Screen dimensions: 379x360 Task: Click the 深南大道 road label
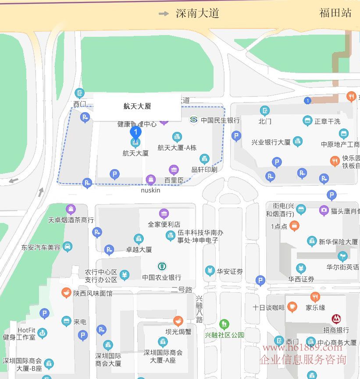click(197, 13)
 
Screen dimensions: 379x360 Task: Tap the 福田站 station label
click(335, 13)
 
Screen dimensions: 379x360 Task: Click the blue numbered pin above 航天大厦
click(136, 132)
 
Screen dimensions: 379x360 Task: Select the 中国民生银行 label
click(220, 120)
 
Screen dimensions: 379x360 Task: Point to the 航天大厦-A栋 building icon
click(177, 138)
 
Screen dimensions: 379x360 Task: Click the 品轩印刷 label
click(204, 169)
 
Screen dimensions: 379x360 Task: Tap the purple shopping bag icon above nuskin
click(151, 180)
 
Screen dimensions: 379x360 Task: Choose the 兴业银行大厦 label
click(271, 142)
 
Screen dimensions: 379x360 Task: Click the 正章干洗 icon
click(308, 121)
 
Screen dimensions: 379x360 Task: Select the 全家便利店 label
click(164, 224)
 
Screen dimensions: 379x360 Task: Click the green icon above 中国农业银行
click(162, 266)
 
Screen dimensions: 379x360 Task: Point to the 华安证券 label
click(230, 272)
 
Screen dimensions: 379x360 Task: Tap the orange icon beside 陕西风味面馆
click(66, 293)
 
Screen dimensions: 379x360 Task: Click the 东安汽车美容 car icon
click(68, 247)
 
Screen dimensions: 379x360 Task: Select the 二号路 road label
click(182, 290)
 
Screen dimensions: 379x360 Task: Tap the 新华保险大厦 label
click(338, 242)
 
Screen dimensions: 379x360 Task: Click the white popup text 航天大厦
click(137, 106)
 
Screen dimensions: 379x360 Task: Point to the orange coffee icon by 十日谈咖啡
click(292, 307)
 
